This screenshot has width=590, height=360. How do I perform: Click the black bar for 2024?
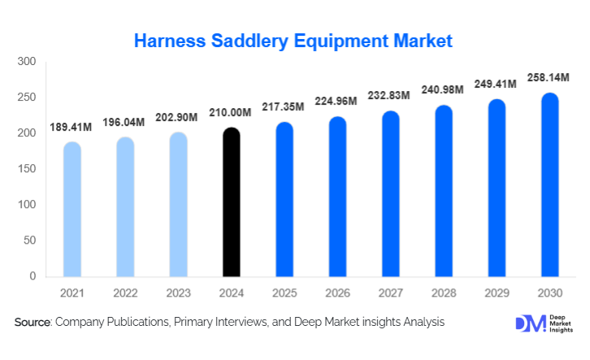(231, 202)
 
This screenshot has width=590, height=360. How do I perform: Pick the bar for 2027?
(390, 194)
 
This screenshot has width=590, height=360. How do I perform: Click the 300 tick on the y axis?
(27, 62)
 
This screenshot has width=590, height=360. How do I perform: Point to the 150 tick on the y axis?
(27, 169)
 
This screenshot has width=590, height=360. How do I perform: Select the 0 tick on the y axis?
(33, 276)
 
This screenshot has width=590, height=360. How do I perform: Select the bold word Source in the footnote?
(32, 323)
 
